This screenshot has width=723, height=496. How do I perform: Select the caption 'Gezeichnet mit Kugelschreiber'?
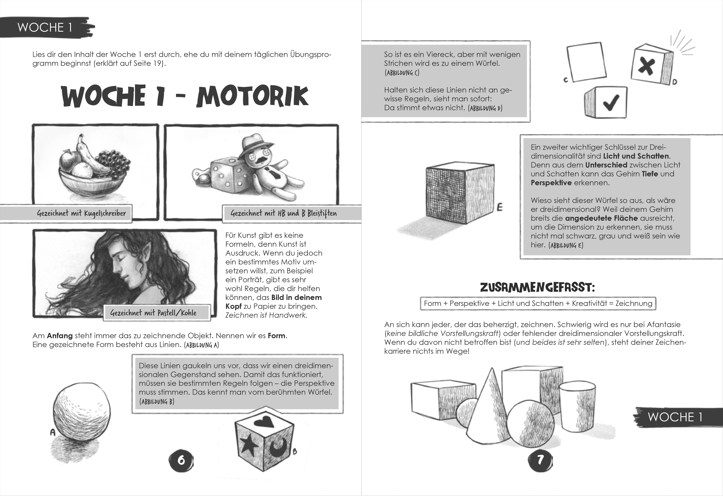pyautogui.click(x=82, y=213)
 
